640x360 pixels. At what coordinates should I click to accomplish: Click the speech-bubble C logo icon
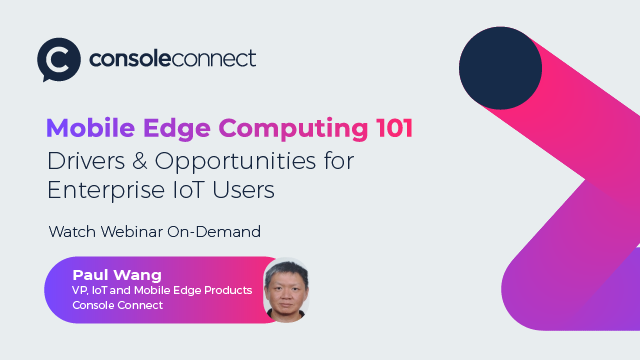(x=58, y=59)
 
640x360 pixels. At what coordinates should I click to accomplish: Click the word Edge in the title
(x=180, y=129)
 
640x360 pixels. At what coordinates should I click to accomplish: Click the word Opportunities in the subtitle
(x=239, y=160)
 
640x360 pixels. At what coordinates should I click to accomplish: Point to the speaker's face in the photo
(x=284, y=289)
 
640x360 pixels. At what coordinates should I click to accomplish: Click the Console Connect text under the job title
(x=117, y=305)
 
